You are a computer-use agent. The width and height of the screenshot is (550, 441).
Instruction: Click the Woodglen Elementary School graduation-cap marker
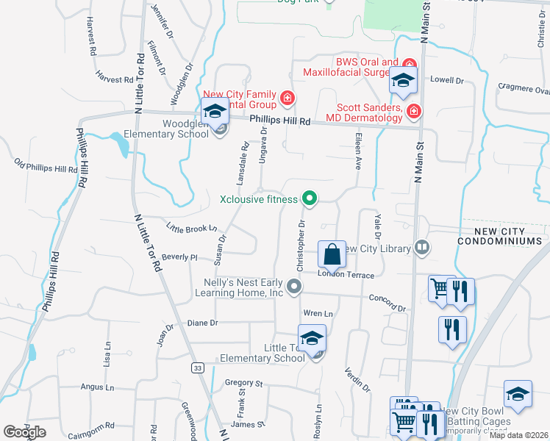coord(214,112)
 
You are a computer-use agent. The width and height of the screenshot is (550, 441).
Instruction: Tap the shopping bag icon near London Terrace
coord(332,255)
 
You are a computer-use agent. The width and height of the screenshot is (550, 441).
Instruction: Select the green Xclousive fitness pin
coord(310,198)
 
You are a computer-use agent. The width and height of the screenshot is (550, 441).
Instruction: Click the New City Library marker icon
coord(421,248)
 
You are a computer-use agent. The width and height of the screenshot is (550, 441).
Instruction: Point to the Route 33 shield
coord(197,367)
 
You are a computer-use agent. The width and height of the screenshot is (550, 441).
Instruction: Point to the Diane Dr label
coord(203,323)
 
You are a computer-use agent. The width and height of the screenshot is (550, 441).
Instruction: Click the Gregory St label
coord(243,383)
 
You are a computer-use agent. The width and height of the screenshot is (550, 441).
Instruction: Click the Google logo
coord(24,432)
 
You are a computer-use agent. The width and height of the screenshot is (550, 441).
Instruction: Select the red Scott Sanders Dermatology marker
coord(414,111)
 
